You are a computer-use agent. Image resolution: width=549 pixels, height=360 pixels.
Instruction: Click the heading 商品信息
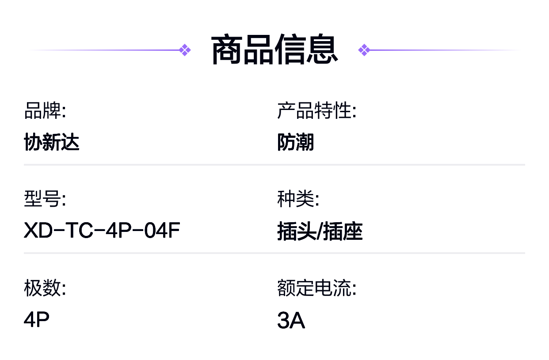click(x=274, y=50)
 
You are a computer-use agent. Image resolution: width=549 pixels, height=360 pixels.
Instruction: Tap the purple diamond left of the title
click(x=185, y=50)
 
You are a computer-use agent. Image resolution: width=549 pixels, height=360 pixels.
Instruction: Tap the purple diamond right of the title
click(x=364, y=50)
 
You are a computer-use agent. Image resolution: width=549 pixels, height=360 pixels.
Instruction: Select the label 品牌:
click(x=45, y=111)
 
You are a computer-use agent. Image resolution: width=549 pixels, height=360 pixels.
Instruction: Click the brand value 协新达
click(x=52, y=143)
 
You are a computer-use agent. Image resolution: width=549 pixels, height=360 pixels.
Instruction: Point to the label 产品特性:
click(x=316, y=111)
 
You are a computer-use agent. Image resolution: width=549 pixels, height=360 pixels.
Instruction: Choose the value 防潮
click(x=296, y=143)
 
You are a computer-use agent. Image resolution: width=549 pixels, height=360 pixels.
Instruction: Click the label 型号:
click(x=45, y=199)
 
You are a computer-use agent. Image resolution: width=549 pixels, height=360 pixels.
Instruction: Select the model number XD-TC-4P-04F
click(x=102, y=231)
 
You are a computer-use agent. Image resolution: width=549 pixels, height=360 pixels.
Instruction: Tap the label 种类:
click(x=298, y=199)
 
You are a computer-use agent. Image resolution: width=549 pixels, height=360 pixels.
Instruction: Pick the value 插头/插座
click(x=320, y=232)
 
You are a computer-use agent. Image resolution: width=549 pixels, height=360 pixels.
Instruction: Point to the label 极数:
click(x=45, y=288)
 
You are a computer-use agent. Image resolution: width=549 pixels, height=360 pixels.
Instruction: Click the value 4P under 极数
click(x=37, y=320)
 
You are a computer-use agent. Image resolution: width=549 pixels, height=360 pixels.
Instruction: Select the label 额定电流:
click(x=316, y=288)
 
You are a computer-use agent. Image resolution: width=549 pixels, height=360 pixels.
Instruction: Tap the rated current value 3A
click(x=291, y=321)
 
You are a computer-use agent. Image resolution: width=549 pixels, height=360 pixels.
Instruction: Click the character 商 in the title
click(x=227, y=50)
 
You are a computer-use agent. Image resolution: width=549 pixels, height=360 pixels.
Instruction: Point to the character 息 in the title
click(x=322, y=50)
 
